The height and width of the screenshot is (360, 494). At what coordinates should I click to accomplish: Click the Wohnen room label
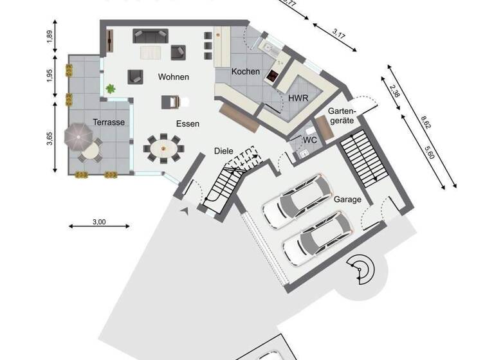[x=174, y=77]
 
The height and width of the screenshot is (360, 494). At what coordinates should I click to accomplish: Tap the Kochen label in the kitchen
[x=246, y=72]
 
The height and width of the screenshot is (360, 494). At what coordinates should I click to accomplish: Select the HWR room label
[x=298, y=98]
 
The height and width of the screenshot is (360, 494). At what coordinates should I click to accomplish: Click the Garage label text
[x=347, y=199]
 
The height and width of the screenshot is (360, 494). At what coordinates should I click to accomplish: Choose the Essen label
[x=188, y=123]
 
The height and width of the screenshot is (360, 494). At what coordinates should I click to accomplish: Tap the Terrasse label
[x=108, y=122]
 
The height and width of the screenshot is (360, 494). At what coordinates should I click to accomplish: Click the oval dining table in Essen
[x=165, y=147]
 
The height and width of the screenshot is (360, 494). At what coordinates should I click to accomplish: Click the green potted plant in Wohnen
[x=111, y=88]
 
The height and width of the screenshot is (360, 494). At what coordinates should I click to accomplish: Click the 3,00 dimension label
[x=99, y=222]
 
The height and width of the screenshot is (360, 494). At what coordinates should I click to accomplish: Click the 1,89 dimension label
[x=50, y=36]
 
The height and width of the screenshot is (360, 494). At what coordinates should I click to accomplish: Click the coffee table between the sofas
[x=152, y=51]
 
